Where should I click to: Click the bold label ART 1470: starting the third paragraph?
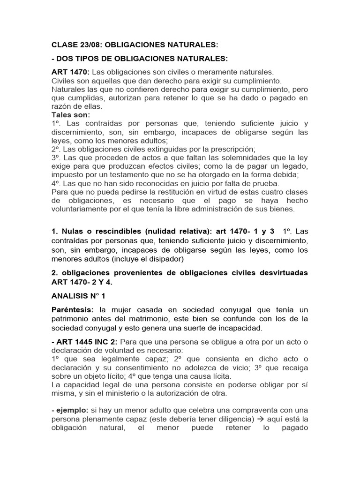70,73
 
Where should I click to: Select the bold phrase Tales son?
71,115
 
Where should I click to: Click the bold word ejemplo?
74,410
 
